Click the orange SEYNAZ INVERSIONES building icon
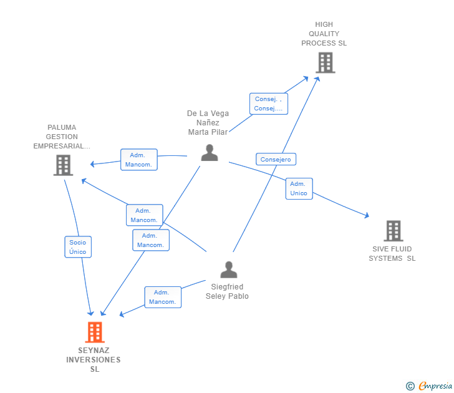click(x=95, y=332)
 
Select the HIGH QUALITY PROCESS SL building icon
click(x=326, y=62)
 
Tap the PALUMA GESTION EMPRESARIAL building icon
click(x=63, y=165)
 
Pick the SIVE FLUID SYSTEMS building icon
click(x=394, y=231)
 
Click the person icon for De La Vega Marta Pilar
click(x=210, y=153)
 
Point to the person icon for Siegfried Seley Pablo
click(x=229, y=269)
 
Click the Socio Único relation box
click(x=78, y=247)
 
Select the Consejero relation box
click(x=276, y=159)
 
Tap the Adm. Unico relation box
click(x=299, y=188)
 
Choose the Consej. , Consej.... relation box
click(x=269, y=104)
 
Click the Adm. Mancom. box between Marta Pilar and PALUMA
click(x=139, y=160)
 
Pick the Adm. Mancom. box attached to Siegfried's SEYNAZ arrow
click(x=163, y=297)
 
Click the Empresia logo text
click(x=435, y=386)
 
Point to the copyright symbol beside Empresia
click(x=410, y=386)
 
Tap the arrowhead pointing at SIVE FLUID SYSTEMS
click(x=367, y=215)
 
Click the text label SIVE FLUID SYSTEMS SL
click(x=392, y=254)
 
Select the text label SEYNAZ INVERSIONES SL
click(x=94, y=360)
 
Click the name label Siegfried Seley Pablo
click(x=227, y=291)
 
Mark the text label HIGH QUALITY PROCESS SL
click(x=324, y=34)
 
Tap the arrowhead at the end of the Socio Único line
click(x=90, y=313)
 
